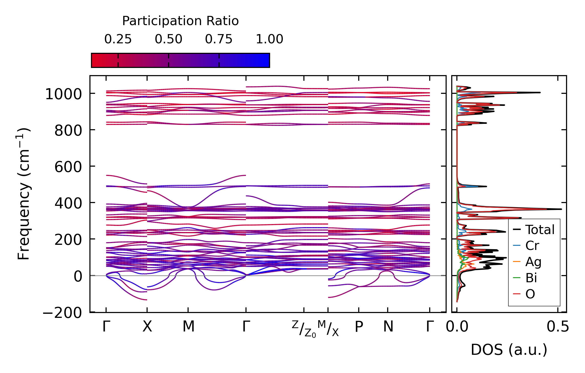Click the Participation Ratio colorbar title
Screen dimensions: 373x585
180,21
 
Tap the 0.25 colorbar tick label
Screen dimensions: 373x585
118,39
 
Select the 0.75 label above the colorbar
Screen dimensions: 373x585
219,39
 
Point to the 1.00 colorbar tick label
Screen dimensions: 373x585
269,39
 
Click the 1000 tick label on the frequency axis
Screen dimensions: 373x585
63,94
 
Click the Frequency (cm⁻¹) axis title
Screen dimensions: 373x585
24,194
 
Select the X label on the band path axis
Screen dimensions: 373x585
147,327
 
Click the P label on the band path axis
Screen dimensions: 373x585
359,327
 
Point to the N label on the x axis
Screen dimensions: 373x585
388,327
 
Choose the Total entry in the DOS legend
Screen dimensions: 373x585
540,230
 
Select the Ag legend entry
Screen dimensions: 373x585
533,262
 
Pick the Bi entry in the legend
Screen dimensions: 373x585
531,278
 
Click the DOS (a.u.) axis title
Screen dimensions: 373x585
509,350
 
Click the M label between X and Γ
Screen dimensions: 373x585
188,327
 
